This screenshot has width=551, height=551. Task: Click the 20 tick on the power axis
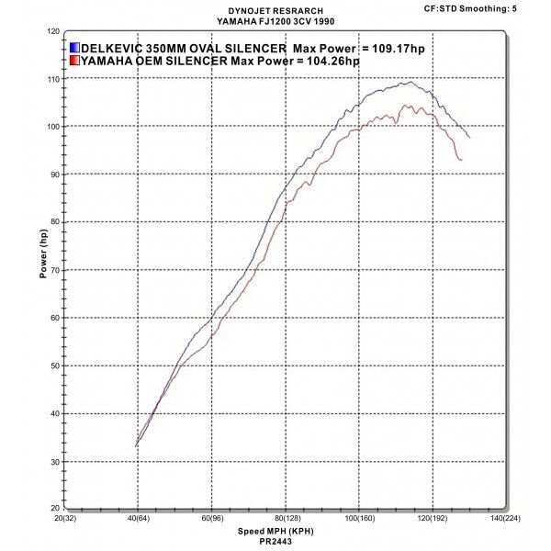point(52,508)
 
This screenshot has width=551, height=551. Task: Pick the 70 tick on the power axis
point(52,270)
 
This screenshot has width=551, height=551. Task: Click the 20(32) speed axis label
point(65,519)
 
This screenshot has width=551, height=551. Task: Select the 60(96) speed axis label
point(212,519)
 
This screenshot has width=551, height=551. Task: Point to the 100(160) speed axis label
point(359,519)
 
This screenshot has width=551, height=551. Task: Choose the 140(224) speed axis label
point(506,519)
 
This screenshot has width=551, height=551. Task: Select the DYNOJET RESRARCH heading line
point(286,8)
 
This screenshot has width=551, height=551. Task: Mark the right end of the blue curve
point(469,137)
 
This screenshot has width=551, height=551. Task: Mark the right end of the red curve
point(461,160)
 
